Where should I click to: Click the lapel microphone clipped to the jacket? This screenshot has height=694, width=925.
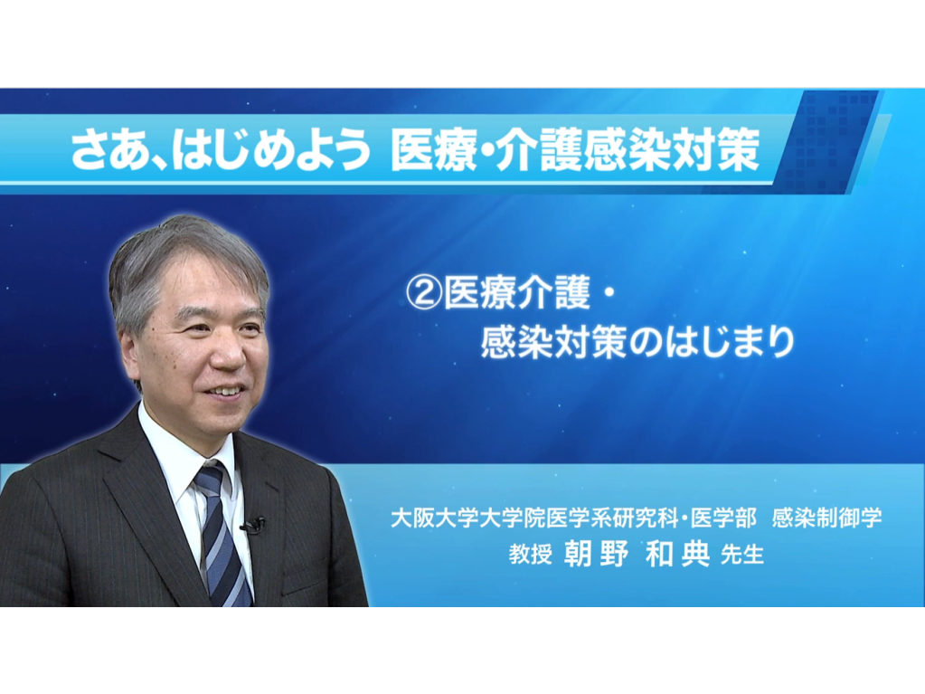pos(252,525)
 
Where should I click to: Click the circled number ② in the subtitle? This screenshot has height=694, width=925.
pos(423,293)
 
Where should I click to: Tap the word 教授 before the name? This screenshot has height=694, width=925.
pos(530,554)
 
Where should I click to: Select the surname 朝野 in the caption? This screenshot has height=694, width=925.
pos(596,554)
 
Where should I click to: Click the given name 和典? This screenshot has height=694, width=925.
pos(678,554)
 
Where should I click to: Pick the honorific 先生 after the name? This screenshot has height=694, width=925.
pos(742,554)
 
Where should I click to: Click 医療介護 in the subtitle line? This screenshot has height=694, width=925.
pos(517,293)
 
